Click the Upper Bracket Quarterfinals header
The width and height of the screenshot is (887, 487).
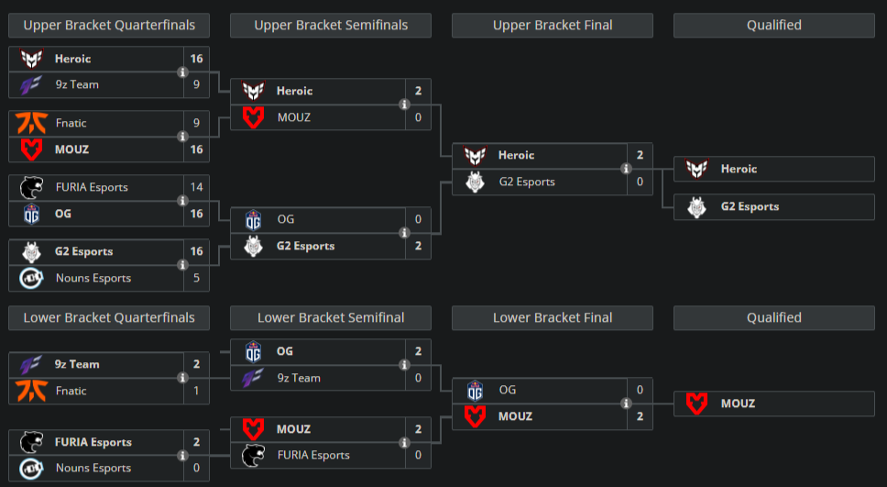pos(109,26)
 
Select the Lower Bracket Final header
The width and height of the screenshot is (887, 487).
pos(553,318)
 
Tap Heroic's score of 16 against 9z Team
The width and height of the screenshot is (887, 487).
pos(196,59)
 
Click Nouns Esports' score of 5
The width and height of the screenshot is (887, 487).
pos(196,278)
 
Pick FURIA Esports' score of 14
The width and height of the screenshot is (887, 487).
pos(196,187)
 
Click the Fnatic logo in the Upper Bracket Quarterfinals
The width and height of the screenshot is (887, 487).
pos(31,123)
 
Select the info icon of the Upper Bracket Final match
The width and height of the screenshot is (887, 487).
pos(626,169)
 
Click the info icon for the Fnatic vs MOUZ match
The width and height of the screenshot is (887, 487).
pos(182,136)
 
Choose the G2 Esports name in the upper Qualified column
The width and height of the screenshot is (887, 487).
pos(750,207)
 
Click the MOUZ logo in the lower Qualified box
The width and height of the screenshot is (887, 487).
pos(697,404)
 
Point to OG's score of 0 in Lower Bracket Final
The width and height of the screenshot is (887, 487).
pos(640,390)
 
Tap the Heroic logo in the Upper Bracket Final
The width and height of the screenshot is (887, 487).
pos(475,156)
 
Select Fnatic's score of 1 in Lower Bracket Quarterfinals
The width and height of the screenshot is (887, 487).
pos(196,391)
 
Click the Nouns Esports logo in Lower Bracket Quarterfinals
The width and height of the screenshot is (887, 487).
pos(31,468)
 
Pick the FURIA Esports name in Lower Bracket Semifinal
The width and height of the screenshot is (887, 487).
pos(313,455)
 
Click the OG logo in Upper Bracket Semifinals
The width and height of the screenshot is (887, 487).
pos(253,220)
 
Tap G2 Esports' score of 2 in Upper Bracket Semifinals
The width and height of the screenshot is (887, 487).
pos(418,246)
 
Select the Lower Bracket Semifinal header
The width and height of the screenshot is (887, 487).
pos(331,318)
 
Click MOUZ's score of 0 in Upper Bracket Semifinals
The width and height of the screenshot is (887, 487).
pos(418,117)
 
